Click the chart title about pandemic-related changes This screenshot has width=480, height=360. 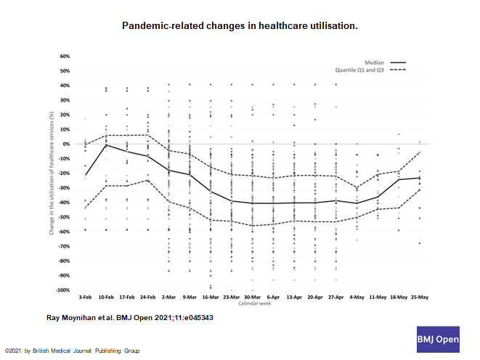[240, 25]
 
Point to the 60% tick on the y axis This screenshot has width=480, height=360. [65, 56]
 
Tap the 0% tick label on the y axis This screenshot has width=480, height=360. [66, 144]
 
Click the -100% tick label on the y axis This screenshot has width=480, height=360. [62, 290]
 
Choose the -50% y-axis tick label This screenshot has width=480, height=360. [64, 217]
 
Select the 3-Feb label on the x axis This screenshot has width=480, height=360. [85, 298]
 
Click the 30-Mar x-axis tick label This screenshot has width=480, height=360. [252, 298]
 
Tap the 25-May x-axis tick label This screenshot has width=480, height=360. [419, 298]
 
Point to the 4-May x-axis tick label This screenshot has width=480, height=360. [357, 298]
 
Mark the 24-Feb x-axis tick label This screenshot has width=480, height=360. [147, 298]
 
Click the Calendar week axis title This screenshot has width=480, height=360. [252, 304]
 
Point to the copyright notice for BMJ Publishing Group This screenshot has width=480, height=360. [72, 351]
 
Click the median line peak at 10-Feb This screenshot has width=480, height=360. [106, 144]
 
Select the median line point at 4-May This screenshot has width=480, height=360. [357, 203]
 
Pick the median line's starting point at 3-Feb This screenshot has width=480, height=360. [85, 176]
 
